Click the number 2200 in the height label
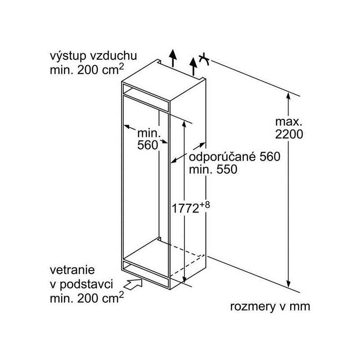coord(289,134)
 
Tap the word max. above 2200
coord(288,121)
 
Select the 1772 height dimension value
coord(185,208)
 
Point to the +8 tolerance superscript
coord(204,205)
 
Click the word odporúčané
coord(222,157)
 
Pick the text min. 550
coord(213,170)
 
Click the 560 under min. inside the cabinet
coord(148,145)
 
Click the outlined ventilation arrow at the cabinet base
coord(133,284)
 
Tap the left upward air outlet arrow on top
coord(173,58)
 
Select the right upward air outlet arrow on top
coord(193,66)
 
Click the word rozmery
coord(252,307)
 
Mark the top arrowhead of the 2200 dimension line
coord(288,96)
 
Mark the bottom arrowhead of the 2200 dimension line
coord(288,284)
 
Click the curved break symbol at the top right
coord(204,59)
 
